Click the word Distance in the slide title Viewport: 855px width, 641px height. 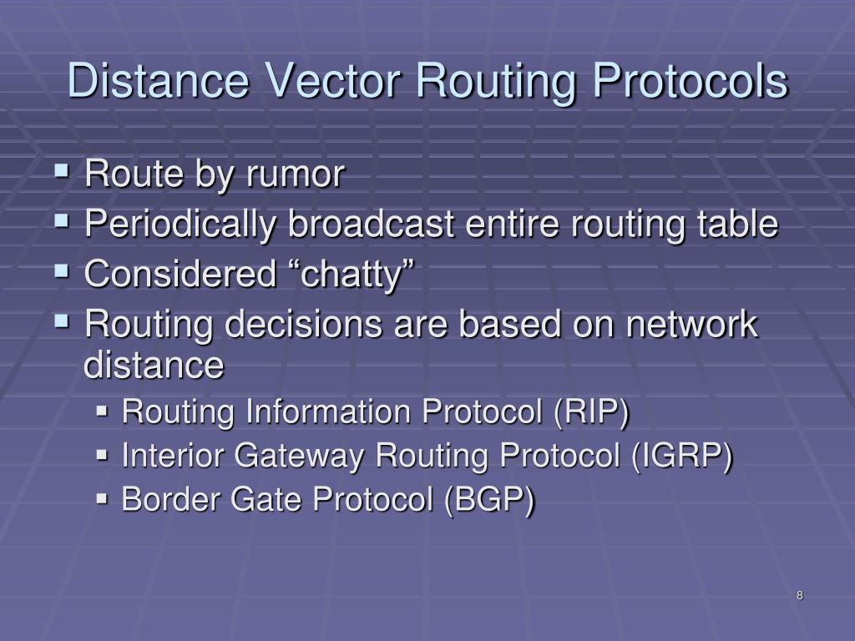[159, 82]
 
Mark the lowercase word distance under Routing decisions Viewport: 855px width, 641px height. [154, 365]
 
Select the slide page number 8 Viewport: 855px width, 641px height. [800, 595]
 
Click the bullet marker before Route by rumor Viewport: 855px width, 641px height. [62, 172]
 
